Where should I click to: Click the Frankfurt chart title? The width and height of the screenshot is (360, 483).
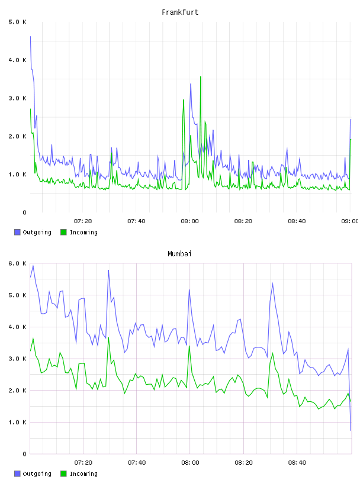tap(180, 12)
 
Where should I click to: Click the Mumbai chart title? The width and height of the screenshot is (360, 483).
tap(179, 254)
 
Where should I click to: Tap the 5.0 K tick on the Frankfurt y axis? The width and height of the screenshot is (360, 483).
tap(17, 22)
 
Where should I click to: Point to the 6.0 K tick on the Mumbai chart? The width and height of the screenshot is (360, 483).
tap(17, 263)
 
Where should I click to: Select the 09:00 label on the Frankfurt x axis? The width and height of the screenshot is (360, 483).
tap(349, 221)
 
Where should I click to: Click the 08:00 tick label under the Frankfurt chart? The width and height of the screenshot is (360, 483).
tap(189, 221)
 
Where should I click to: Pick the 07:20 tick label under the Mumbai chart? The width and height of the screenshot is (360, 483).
tap(83, 462)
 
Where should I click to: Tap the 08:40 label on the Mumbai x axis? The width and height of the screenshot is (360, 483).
tap(297, 462)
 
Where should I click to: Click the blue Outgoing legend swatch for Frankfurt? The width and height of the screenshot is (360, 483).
tap(17, 232)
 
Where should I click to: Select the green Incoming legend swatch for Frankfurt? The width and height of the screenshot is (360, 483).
tap(63, 232)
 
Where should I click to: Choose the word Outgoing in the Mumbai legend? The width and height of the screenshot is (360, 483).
tap(37, 474)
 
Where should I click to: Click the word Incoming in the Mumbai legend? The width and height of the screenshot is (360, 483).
tap(83, 474)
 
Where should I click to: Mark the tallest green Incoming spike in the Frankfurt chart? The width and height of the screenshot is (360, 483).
tap(201, 77)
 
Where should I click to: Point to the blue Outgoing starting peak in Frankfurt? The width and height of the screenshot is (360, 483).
tap(30, 36)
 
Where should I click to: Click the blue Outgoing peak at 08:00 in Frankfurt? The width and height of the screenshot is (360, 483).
tap(191, 84)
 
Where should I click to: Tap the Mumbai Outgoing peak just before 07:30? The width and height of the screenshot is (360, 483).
tap(108, 270)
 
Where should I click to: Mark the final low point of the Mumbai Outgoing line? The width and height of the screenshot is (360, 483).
tap(351, 430)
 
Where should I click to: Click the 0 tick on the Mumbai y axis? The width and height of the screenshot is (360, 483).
tap(25, 454)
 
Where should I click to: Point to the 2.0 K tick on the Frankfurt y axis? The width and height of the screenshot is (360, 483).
tap(17, 136)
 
